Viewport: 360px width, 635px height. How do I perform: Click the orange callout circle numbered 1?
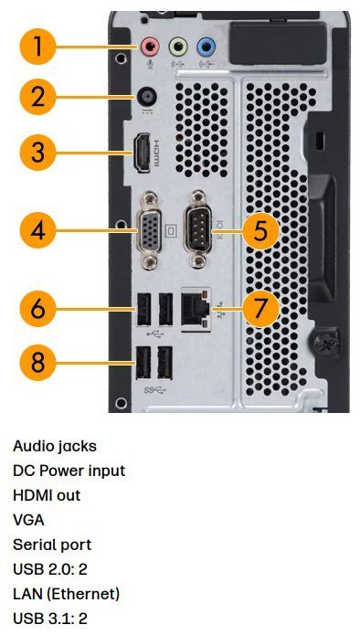tap(38, 47)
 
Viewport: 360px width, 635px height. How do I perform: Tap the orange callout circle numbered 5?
tap(260, 231)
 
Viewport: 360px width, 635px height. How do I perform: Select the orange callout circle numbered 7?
tap(260, 308)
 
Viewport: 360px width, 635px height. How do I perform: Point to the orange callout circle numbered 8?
tap(38, 362)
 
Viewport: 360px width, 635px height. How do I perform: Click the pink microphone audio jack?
tap(150, 47)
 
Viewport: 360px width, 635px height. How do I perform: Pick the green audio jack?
tap(177, 47)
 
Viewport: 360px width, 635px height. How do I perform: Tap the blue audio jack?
tap(206, 47)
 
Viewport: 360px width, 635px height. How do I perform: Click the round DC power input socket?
tap(147, 97)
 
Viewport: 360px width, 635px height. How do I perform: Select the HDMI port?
tap(143, 153)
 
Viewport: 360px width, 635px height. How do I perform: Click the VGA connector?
tap(151, 231)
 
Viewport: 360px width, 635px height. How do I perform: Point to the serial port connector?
tap(198, 231)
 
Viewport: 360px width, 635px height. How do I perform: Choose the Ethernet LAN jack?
tap(196, 310)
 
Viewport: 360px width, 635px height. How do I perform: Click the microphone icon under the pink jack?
tap(150, 64)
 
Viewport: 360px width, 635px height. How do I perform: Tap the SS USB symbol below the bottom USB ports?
tap(154, 390)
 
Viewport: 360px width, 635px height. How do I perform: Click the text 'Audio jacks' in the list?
tap(55, 446)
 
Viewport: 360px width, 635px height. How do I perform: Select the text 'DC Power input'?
tap(69, 471)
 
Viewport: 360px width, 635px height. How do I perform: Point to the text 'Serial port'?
tap(52, 545)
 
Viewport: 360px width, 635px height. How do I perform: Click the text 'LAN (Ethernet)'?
tap(67, 594)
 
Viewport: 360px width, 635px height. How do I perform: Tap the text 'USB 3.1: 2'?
tap(50, 619)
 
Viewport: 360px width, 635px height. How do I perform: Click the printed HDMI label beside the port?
tap(157, 153)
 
